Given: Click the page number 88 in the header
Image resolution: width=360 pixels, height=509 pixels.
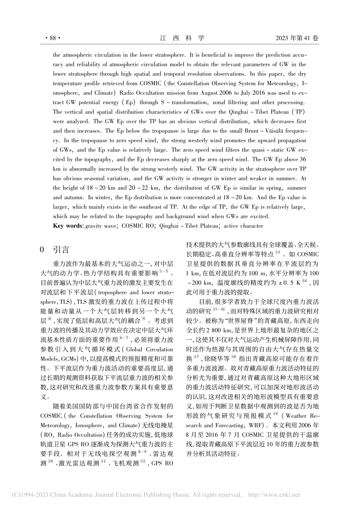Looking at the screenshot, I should [x=53, y=38].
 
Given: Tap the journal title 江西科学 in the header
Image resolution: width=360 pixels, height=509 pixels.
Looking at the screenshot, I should [x=182, y=38].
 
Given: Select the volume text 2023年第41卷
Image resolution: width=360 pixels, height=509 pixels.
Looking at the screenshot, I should [x=297, y=38].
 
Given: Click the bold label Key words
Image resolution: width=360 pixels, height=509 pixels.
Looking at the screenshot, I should [x=68, y=226].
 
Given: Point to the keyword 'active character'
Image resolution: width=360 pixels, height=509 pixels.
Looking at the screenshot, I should [x=243, y=226].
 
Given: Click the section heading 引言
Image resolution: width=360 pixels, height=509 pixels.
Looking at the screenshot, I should [x=61, y=250].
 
